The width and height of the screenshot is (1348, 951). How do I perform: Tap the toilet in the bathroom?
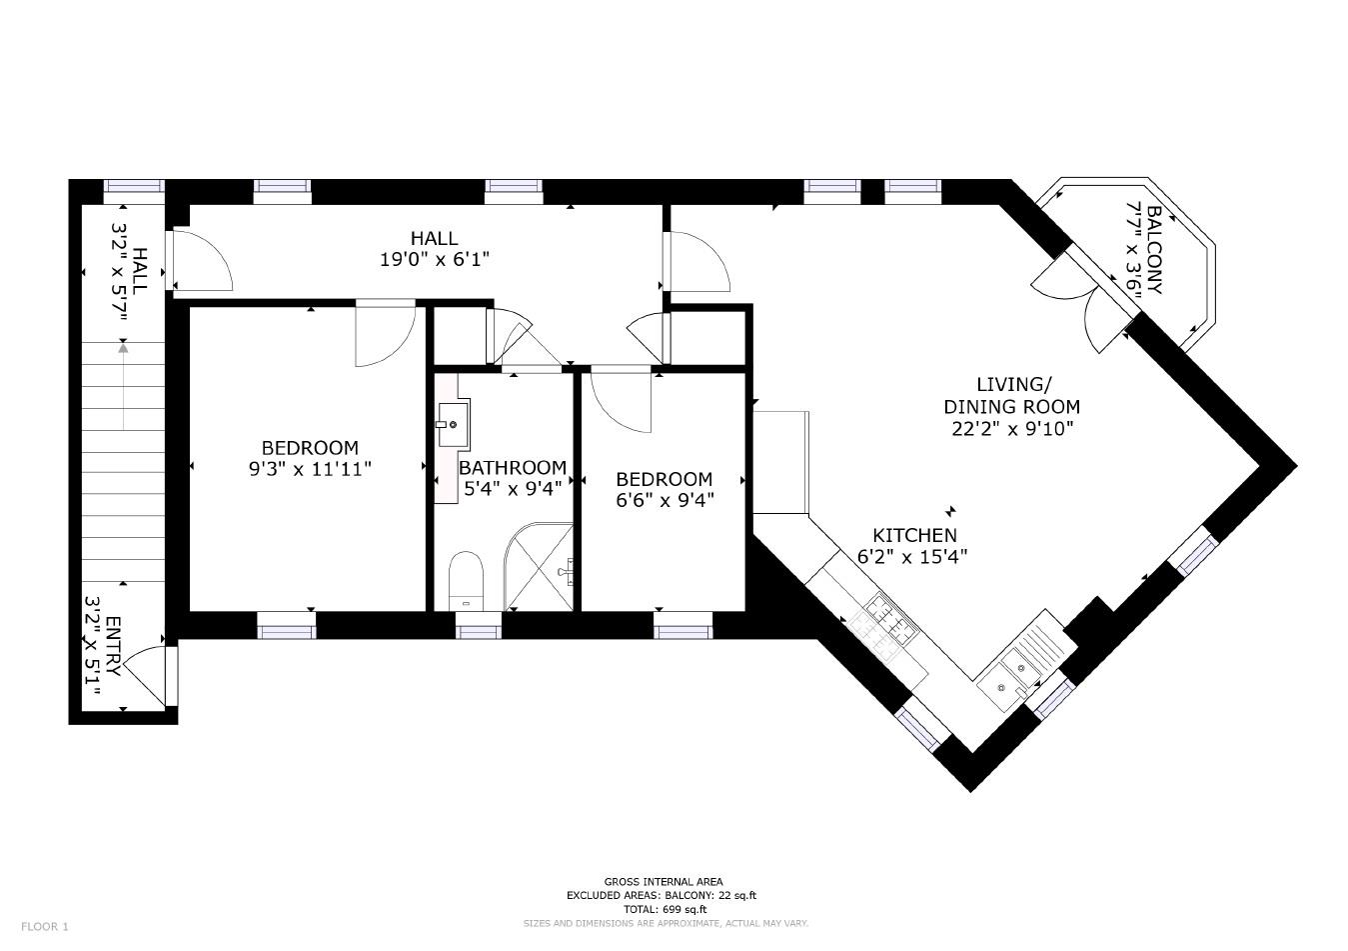[x=466, y=579]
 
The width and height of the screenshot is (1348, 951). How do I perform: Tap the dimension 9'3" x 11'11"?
[x=310, y=468]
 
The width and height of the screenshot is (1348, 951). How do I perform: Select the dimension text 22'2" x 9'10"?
[x=1011, y=429]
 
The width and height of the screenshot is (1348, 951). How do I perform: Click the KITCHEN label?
[x=914, y=535]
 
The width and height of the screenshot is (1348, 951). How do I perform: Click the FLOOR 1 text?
[x=45, y=926]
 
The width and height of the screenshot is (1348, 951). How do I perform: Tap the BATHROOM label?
[x=513, y=467]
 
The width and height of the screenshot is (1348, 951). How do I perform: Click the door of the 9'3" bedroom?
[x=384, y=333]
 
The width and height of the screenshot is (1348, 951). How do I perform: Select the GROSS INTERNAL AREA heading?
[x=664, y=881]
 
